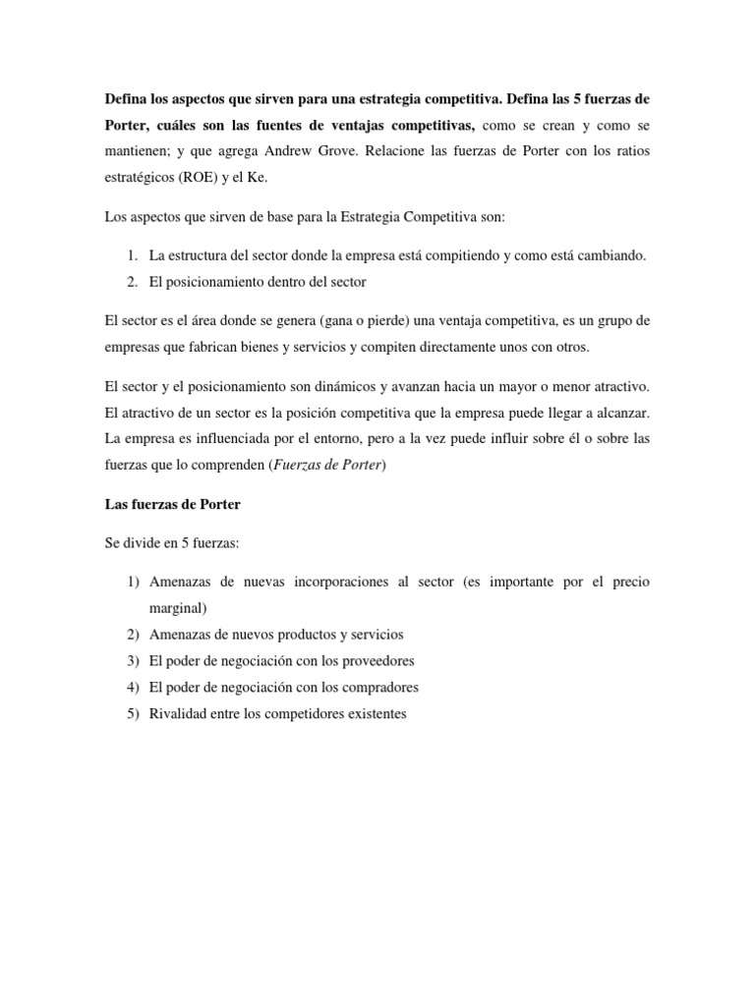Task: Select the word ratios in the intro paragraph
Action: point(630,152)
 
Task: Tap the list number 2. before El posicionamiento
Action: point(134,282)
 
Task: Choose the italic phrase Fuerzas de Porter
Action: point(327,467)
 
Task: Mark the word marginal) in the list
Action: point(177,606)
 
